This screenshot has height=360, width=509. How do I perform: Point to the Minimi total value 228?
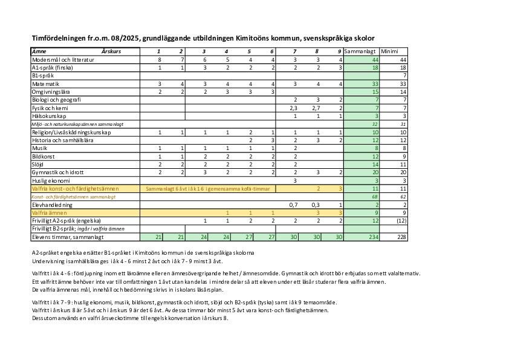click(401, 237)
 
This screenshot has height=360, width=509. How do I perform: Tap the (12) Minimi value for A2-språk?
click(400, 221)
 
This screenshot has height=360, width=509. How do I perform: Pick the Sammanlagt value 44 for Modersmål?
click(375, 60)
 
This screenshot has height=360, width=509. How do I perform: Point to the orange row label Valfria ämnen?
click(50, 213)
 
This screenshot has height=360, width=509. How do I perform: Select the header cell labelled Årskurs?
click(111, 51)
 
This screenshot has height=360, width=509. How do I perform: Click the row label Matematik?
click(46, 83)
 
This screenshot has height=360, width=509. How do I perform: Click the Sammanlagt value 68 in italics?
click(375, 197)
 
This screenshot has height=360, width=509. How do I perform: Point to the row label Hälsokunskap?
click(49, 116)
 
